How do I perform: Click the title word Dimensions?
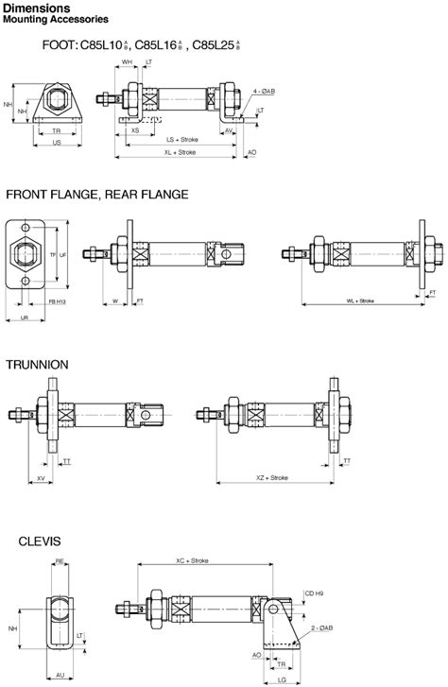37,8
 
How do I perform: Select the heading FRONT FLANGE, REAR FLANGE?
96,195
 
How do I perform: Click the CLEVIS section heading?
39,541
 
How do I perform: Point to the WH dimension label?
127,62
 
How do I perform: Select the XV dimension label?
42,479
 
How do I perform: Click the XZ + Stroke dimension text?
271,479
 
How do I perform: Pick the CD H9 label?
313,593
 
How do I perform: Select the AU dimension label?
59,677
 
